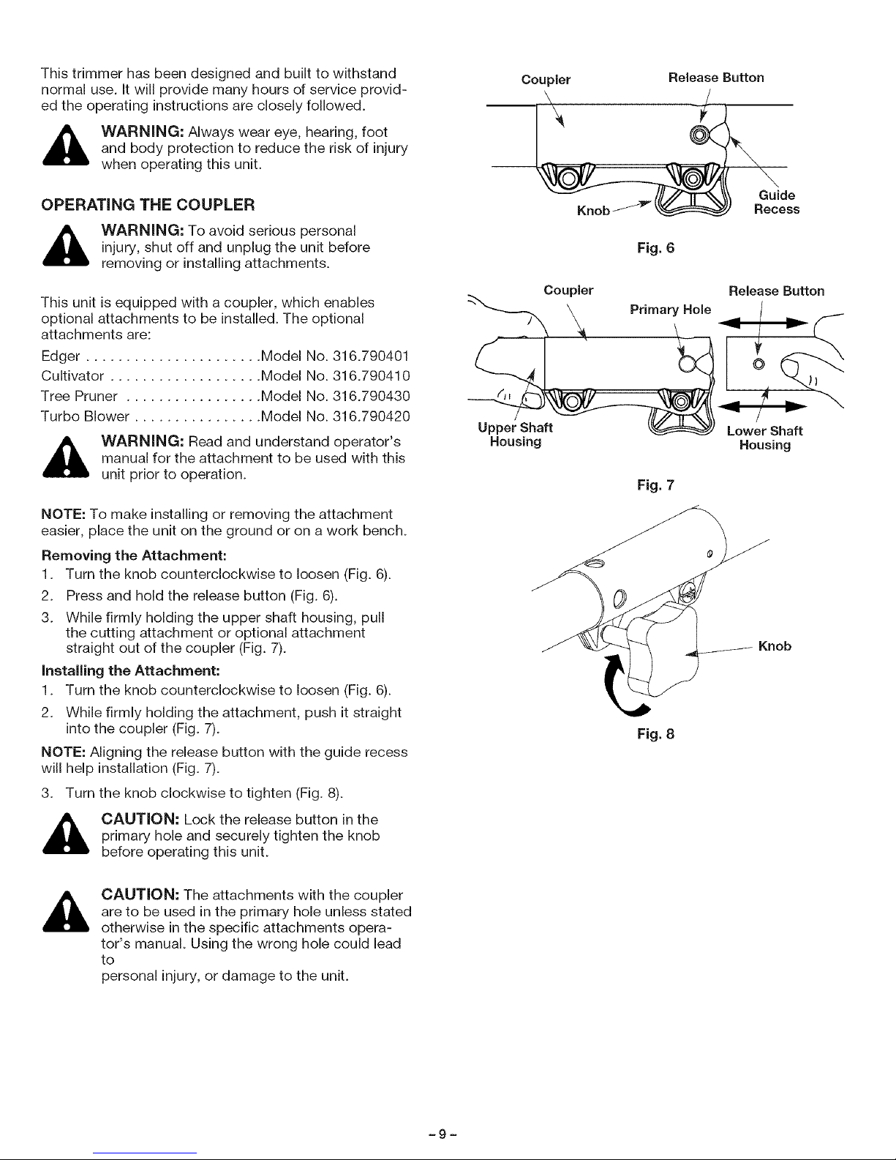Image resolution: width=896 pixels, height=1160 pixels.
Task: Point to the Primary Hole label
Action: click(x=669, y=309)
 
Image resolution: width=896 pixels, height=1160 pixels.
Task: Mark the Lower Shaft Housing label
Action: click(x=764, y=438)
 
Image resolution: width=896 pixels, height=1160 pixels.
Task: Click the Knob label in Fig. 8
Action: click(x=775, y=646)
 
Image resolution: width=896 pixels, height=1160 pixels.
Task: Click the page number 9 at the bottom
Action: click(x=448, y=1133)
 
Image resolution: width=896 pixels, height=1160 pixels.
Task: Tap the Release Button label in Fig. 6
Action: click(x=716, y=78)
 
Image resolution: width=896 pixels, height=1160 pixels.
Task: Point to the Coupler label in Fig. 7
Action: click(x=568, y=290)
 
